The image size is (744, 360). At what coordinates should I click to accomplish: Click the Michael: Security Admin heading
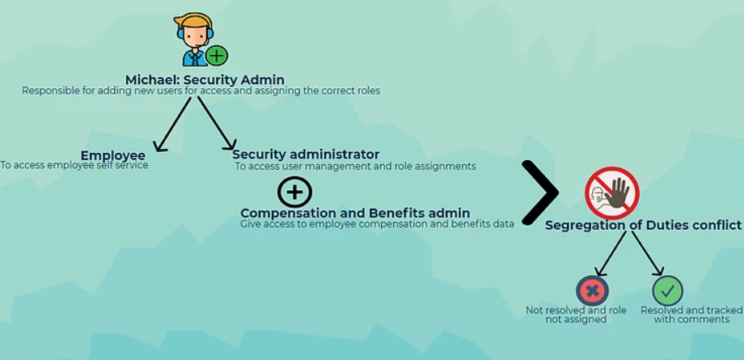205,79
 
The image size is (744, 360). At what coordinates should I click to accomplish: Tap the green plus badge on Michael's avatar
217,56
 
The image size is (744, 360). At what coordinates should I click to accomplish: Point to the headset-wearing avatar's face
195,35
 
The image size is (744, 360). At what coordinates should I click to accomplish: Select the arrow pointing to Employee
173,124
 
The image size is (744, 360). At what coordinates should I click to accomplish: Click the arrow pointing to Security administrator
217,123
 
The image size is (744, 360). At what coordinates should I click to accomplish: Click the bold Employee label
113,155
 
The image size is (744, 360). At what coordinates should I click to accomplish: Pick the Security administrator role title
306,155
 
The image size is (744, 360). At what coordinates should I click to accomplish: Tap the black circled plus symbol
294,193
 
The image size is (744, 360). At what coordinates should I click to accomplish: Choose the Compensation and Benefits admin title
355,213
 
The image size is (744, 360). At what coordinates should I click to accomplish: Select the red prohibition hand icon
612,193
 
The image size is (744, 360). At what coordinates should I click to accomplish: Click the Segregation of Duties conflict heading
643,225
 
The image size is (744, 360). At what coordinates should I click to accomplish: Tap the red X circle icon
592,290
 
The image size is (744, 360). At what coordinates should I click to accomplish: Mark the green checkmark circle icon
668,290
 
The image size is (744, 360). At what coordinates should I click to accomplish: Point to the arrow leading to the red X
611,253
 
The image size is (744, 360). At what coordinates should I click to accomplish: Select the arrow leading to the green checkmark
648,253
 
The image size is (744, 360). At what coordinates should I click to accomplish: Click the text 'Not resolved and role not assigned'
576,315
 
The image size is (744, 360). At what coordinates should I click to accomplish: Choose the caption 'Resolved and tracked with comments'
691,315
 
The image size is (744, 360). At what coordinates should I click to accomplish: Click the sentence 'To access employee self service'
74,165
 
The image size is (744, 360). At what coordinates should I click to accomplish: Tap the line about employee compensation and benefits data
377,224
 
